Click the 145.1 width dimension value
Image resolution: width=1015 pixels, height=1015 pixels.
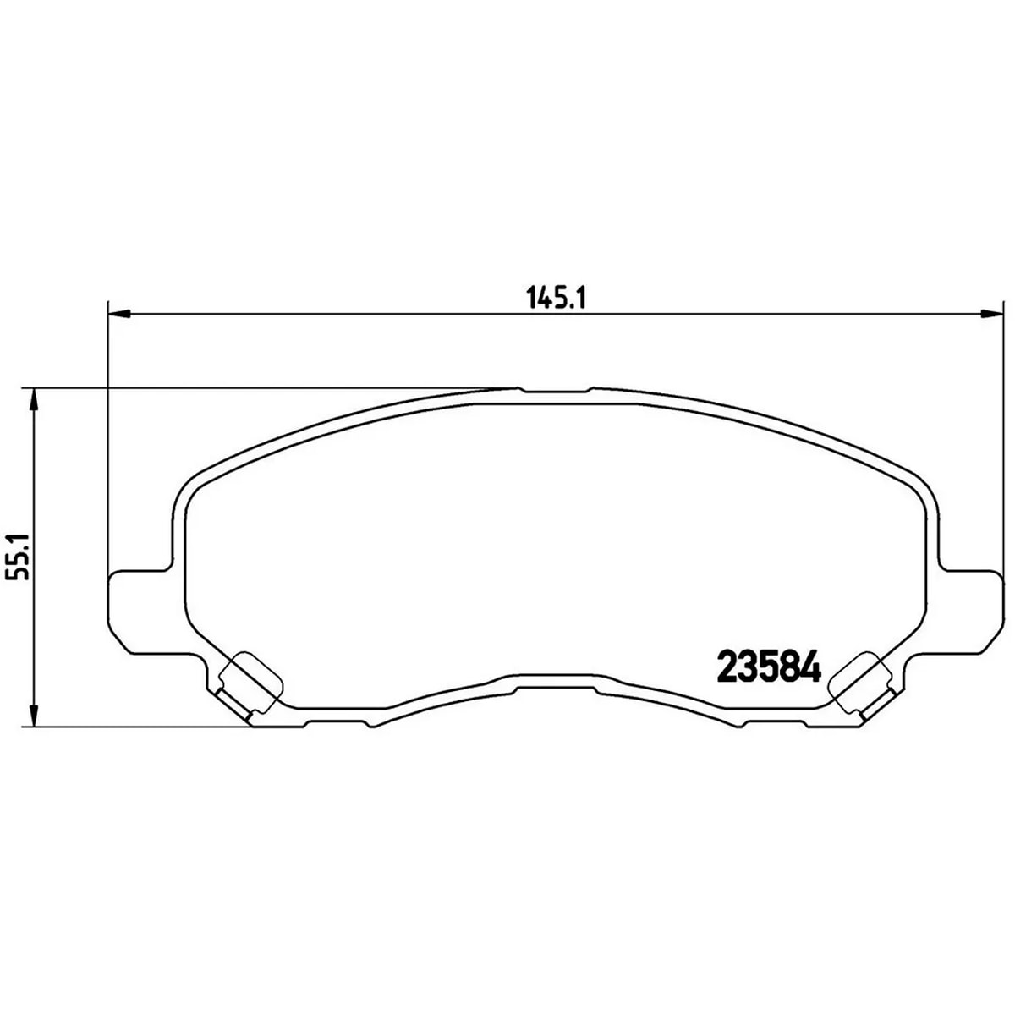557,299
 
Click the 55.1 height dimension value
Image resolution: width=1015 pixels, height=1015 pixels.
19,557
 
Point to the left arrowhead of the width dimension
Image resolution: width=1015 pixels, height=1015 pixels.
118,315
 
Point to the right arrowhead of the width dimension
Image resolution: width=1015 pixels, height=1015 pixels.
991,315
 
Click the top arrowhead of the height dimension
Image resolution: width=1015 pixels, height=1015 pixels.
34,400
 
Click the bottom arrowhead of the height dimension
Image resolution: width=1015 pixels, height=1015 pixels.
34,716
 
